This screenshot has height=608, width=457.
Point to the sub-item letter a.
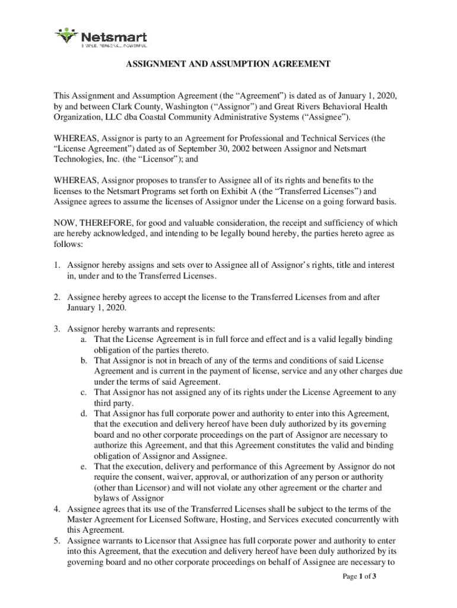(x=85, y=340)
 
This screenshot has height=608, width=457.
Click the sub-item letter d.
(x=85, y=414)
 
